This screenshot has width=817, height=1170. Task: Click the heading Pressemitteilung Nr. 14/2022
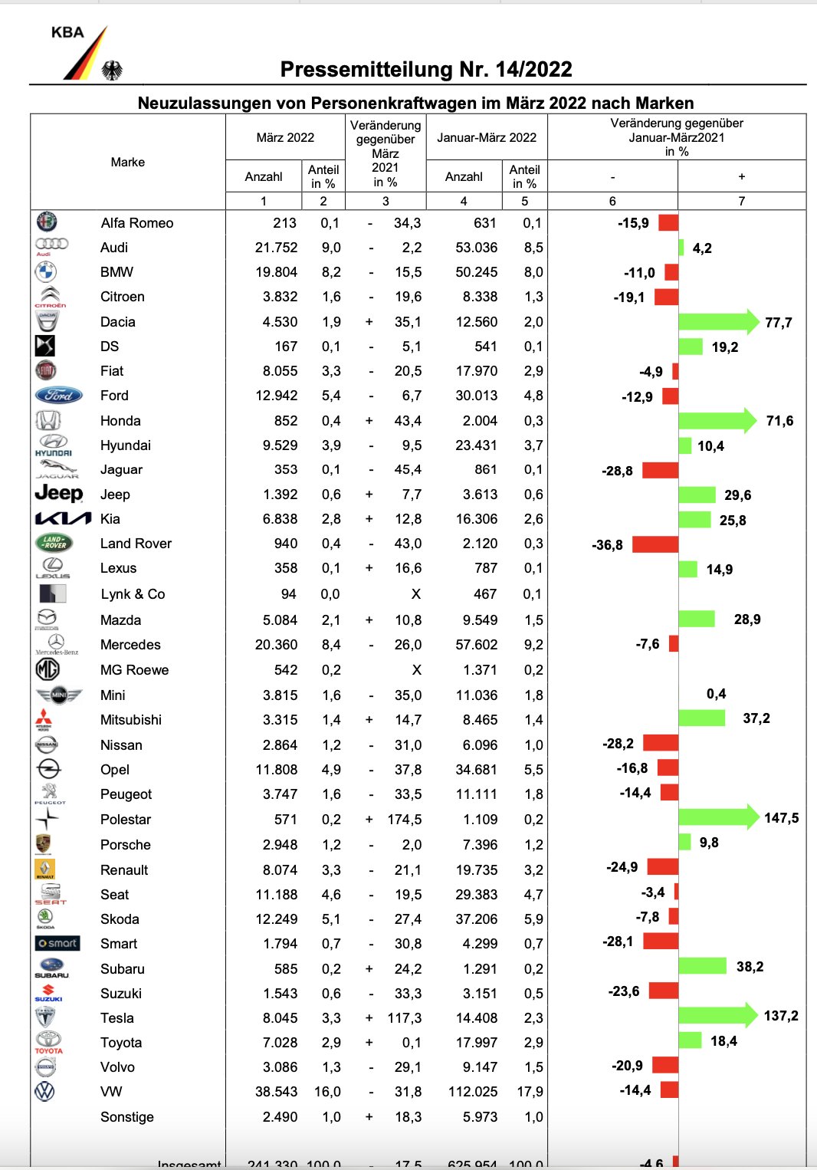point(426,70)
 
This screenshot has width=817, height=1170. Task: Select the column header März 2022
point(285,138)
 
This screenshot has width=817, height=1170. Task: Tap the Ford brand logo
point(58,396)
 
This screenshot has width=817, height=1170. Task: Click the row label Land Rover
point(136,544)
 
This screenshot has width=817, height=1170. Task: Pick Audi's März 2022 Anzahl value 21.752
point(276,248)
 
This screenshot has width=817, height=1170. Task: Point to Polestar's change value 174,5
point(405,820)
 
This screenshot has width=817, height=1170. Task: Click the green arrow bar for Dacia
point(717,322)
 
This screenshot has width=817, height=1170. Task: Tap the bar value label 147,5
point(781,818)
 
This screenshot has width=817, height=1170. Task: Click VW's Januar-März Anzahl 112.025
point(473,1092)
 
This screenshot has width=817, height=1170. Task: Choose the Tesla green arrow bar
point(717,1016)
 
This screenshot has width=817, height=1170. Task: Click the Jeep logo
point(58,494)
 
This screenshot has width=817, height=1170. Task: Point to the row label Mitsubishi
point(131,720)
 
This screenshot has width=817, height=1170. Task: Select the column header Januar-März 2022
point(487,138)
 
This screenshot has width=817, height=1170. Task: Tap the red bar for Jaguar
point(660,470)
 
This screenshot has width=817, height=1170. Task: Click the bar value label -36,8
point(607,545)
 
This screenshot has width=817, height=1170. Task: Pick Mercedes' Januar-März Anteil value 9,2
point(533,645)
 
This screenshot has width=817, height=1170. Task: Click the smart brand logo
point(57,943)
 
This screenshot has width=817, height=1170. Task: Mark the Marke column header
point(128,163)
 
